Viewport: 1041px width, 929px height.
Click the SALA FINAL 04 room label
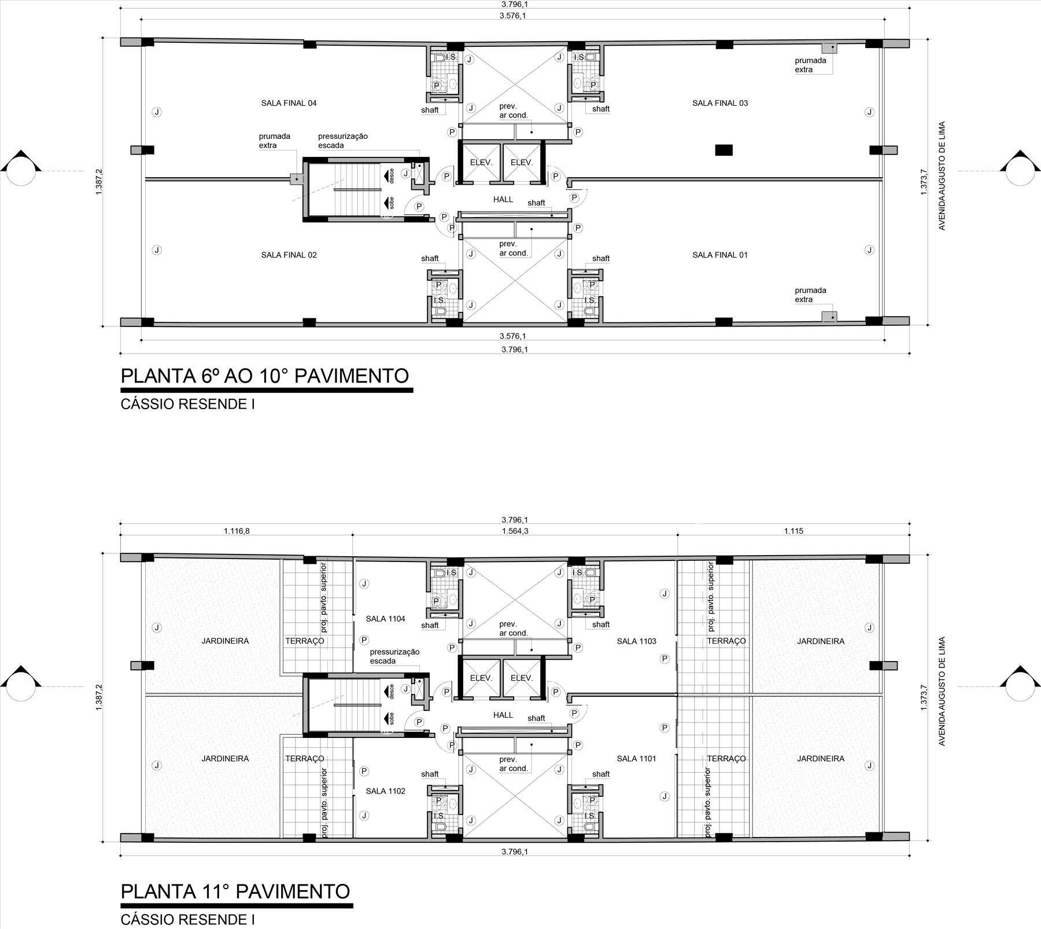click(x=289, y=104)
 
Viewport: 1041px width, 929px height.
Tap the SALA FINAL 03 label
click(x=720, y=104)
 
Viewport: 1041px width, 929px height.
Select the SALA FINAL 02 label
click(x=289, y=255)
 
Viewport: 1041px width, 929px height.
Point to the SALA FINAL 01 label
click(x=720, y=255)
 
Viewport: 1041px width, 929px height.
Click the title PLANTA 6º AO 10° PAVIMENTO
click(x=265, y=376)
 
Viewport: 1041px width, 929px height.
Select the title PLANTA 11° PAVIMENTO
click(x=235, y=891)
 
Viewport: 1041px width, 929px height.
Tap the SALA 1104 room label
click(x=385, y=619)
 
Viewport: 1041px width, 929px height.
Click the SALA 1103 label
click(x=636, y=641)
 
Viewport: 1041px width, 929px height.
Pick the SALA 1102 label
click(x=385, y=791)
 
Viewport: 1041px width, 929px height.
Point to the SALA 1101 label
click(x=636, y=759)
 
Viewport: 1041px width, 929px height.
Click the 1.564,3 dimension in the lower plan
click(x=515, y=531)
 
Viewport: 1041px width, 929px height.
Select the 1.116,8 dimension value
click(x=237, y=531)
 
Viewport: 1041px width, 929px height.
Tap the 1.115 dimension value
click(x=793, y=531)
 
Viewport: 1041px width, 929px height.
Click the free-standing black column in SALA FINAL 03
click(x=723, y=150)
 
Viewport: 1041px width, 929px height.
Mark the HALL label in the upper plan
click(x=503, y=200)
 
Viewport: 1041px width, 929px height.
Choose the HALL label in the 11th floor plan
click(x=503, y=715)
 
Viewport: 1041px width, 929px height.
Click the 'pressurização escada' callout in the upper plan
click(x=343, y=141)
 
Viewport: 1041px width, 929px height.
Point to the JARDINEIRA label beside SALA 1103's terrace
click(x=821, y=641)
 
